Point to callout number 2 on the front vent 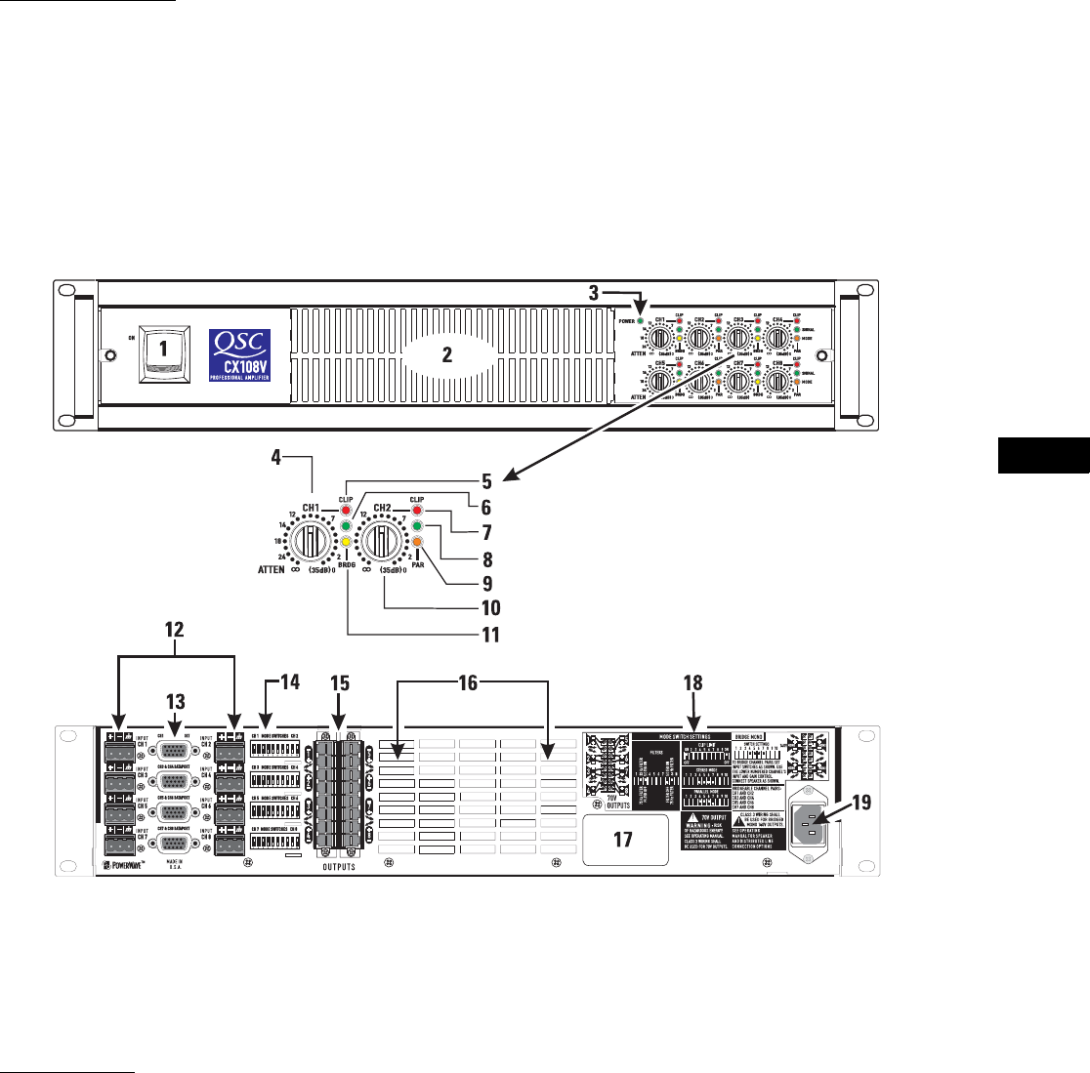pyautogui.click(x=447, y=356)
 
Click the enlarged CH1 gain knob pyautogui.click(x=312, y=540)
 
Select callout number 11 pyautogui.click(x=485, y=636)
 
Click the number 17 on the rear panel pyautogui.click(x=623, y=840)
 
